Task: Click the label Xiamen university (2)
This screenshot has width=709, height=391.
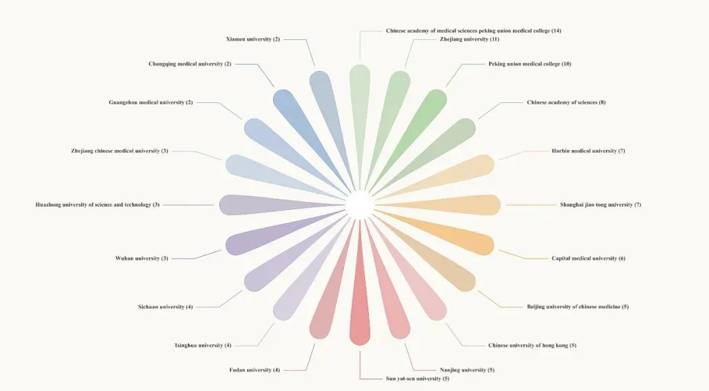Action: [x=253, y=39]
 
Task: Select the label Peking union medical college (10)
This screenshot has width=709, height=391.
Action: [x=530, y=64]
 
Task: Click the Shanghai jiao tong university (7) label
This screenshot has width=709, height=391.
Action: [x=600, y=205]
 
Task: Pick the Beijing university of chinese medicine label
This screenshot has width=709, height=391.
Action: [x=578, y=306]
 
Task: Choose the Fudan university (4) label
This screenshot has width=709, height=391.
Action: [x=254, y=370]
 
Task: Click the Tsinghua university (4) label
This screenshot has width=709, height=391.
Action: [x=202, y=345]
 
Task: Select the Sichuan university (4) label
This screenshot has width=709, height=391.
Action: [x=165, y=306]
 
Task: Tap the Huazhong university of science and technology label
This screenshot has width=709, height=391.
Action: [x=97, y=205]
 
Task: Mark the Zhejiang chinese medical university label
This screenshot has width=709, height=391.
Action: [x=119, y=151]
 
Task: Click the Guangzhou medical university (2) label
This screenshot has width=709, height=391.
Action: [x=150, y=102]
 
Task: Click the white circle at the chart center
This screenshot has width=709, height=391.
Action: [x=360, y=205]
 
